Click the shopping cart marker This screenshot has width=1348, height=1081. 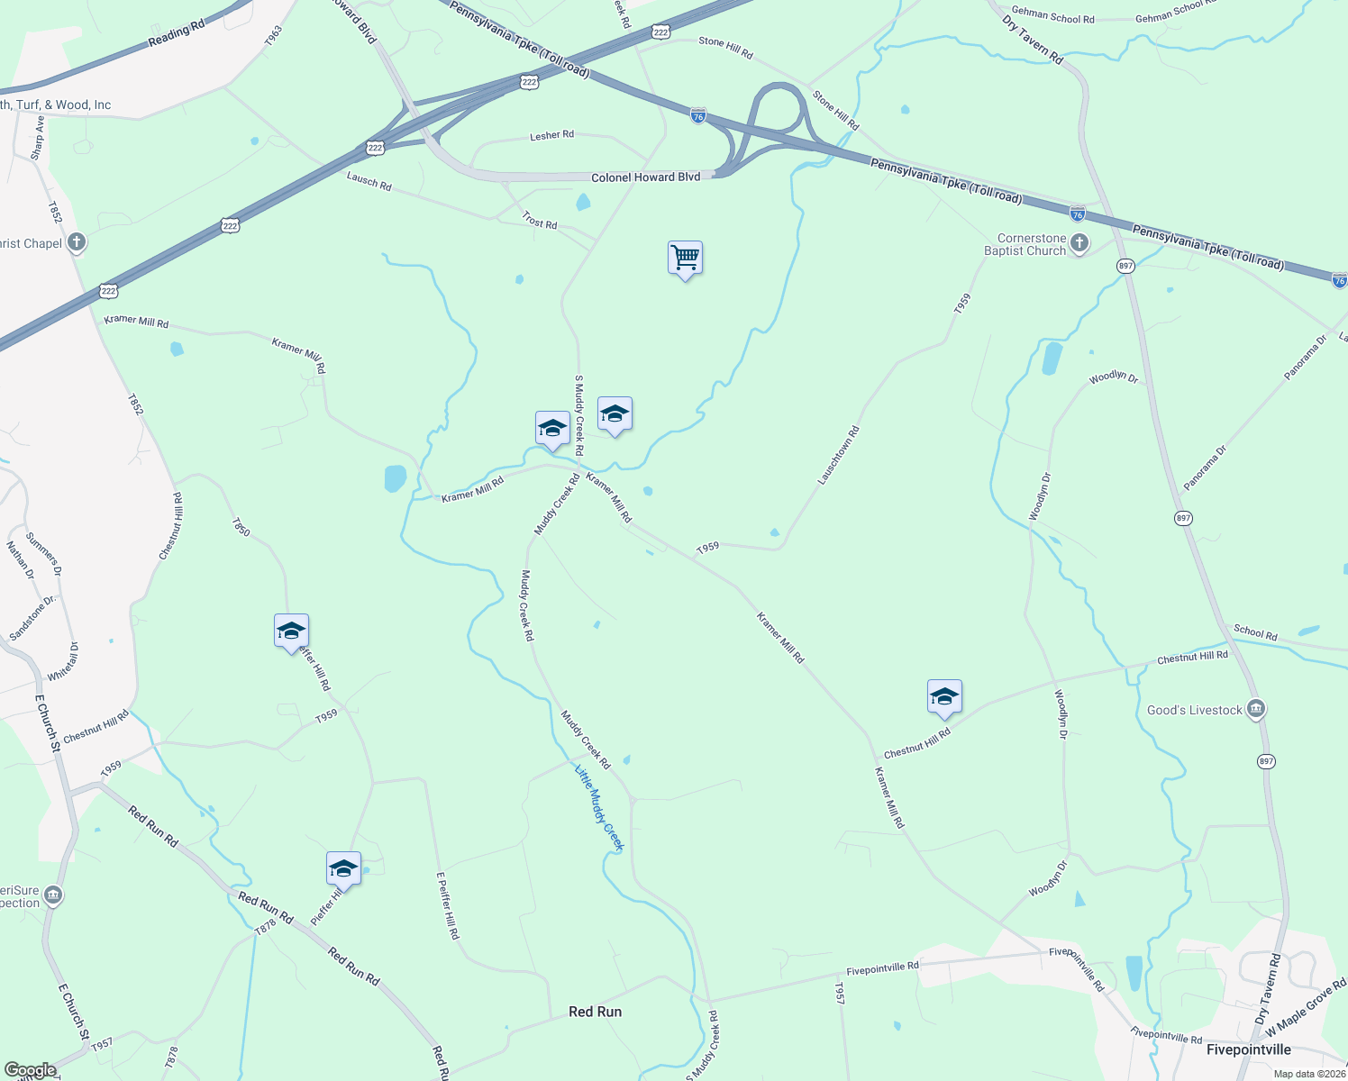tap(685, 259)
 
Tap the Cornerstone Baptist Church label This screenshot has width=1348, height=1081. tap(1025, 245)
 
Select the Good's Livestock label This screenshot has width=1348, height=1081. tap(1194, 711)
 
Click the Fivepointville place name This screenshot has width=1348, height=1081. tap(1248, 1049)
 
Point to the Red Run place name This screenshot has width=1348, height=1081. tap(595, 1012)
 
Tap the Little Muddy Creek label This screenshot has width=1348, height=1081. tap(599, 807)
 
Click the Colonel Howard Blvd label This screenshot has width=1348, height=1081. tap(645, 177)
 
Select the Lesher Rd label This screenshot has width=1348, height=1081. tap(551, 136)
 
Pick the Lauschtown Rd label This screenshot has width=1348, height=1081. tap(838, 456)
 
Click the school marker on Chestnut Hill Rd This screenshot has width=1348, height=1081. tap(944, 697)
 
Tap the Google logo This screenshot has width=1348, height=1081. tap(30, 1070)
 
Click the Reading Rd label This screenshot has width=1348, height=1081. tap(176, 35)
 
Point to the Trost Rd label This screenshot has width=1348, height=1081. tap(539, 220)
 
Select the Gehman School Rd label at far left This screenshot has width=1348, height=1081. tap(1052, 16)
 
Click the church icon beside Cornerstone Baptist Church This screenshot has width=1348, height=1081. tap(1079, 243)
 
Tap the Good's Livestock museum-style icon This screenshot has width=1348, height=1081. tap(1256, 710)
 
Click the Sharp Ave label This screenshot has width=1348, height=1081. tap(38, 138)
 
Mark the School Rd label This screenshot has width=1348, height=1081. tap(1255, 632)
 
